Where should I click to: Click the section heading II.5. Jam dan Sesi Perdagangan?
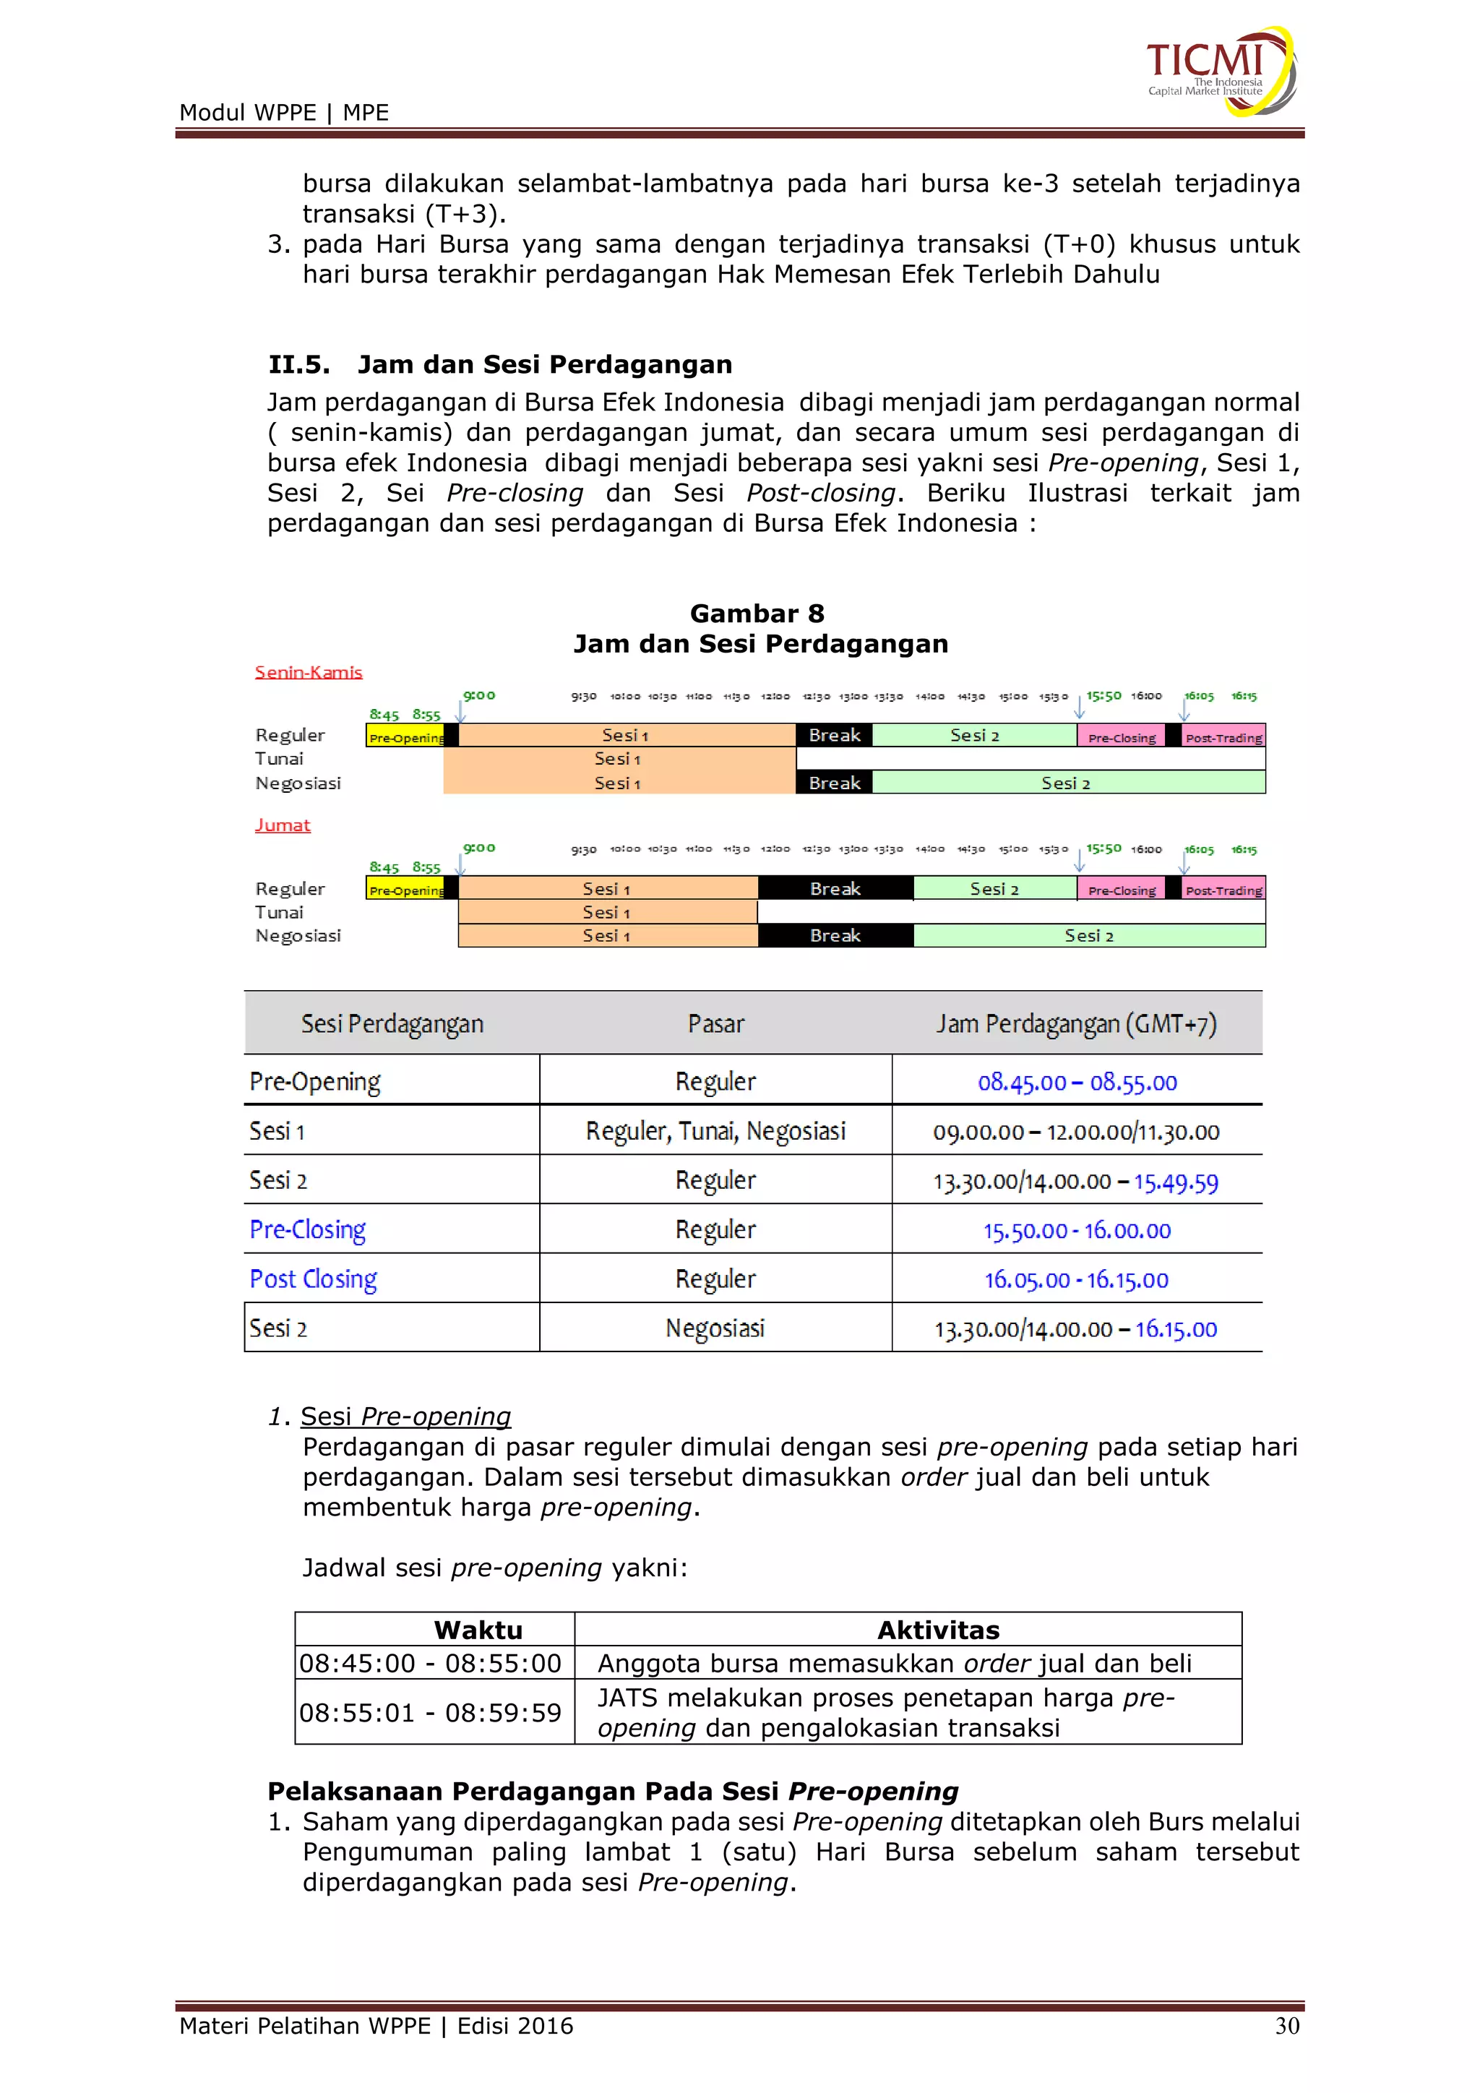pyautogui.click(x=499, y=365)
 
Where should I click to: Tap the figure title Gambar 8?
pyautogui.click(x=757, y=614)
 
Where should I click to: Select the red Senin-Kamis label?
pyautogui.click(x=308, y=673)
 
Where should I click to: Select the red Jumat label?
pyautogui.click(x=283, y=825)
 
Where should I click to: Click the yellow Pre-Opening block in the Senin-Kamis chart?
pyautogui.click(x=405, y=736)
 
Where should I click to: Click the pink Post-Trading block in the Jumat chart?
pyautogui.click(x=1223, y=890)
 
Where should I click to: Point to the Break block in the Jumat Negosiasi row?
pyautogui.click(x=835, y=935)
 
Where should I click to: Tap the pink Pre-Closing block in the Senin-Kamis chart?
pyautogui.click(x=1121, y=736)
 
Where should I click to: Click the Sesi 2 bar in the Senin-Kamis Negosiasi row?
pyautogui.click(x=1066, y=783)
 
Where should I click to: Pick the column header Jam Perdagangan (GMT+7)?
pyautogui.click(x=1076, y=1023)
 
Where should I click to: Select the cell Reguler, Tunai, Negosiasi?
pyautogui.click(x=715, y=1131)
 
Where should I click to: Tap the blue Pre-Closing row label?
pyautogui.click(x=308, y=1230)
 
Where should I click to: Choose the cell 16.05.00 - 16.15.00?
pyautogui.click(x=1076, y=1280)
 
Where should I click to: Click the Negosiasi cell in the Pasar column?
pyautogui.click(x=715, y=1328)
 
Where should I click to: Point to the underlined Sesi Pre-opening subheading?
pyautogui.click(x=405, y=1416)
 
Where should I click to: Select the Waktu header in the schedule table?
pyautogui.click(x=478, y=1630)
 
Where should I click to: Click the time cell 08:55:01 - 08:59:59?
pyautogui.click(x=430, y=1713)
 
